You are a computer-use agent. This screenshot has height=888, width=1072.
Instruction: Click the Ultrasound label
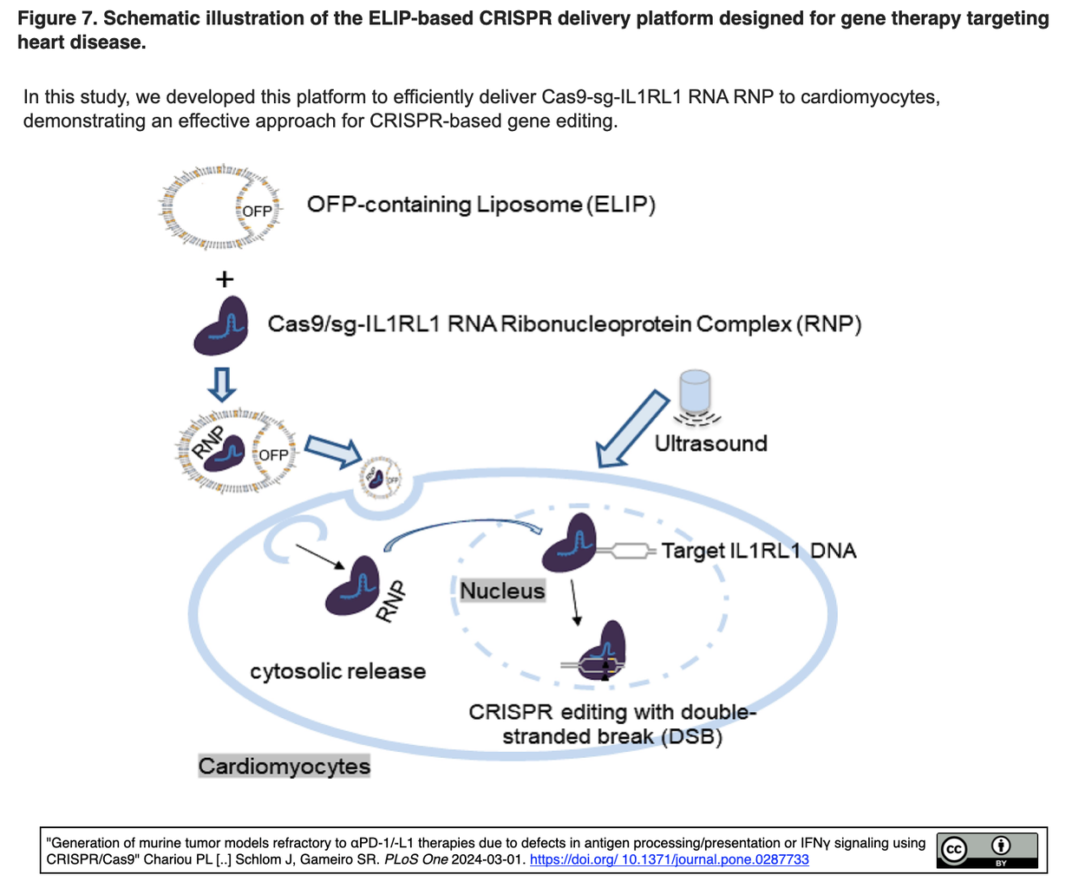point(710,443)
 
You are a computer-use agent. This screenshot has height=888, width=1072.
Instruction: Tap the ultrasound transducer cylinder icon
point(695,391)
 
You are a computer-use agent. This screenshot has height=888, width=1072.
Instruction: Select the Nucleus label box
point(502,591)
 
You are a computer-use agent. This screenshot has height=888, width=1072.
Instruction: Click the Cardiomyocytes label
point(284,766)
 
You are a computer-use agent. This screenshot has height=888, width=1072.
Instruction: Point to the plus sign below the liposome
point(224,279)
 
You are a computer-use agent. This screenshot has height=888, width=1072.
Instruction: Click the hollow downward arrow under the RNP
point(222,383)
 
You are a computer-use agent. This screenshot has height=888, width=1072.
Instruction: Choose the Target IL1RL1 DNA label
point(758,551)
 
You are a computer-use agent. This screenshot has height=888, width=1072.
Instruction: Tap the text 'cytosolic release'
point(337,670)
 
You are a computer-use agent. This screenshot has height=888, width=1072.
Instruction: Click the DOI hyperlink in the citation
point(669,859)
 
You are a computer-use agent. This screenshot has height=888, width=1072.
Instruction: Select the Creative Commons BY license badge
point(986,850)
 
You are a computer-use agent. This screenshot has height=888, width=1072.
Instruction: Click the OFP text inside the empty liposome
point(257,211)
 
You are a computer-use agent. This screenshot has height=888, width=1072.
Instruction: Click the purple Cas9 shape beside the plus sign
point(222,327)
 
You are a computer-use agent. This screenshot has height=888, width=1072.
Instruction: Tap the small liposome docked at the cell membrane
point(382,477)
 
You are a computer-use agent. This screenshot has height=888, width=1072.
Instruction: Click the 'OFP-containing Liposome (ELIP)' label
point(480,205)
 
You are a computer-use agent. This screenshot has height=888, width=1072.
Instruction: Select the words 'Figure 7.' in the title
point(56,18)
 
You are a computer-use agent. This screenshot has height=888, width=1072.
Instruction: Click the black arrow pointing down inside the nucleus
point(574,602)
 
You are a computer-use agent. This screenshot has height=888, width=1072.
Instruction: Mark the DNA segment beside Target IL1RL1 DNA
point(627,551)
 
